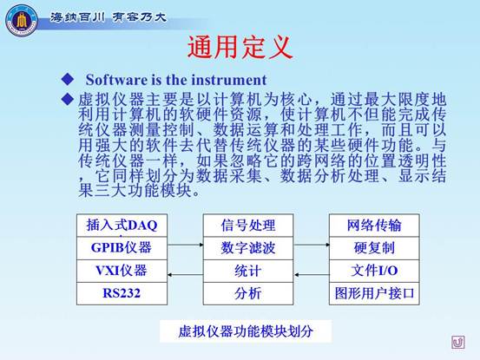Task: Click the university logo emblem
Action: tap(22, 21)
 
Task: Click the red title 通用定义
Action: tap(240, 47)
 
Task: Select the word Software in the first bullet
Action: tap(116, 80)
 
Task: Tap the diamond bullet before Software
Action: tap(68, 79)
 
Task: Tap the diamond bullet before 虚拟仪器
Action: tap(68, 99)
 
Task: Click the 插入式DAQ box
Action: tap(122, 226)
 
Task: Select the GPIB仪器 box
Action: tap(122, 248)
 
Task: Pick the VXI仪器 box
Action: tap(122, 271)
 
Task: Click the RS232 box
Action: tap(122, 293)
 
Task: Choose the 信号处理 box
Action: tap(248, 226)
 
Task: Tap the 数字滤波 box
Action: tap(248, 248)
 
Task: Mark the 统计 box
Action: tap(248, 271)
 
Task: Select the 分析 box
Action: tap(248, 293)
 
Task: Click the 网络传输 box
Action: tap(374, 226)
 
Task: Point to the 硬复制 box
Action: tap(374, 248)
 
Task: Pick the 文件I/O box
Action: tap(374, 271)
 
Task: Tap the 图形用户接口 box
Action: tap(374, 293)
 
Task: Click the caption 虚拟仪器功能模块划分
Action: tap(246, 331)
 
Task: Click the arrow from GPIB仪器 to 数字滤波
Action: tap(185, 245)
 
